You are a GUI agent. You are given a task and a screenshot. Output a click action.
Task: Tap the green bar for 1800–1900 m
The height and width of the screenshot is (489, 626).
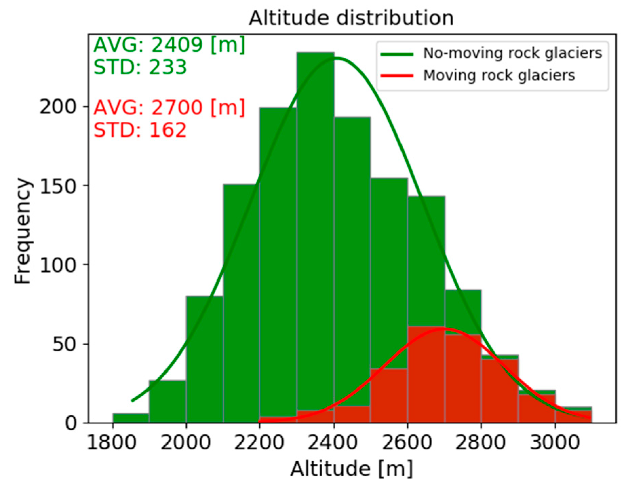coord(131,418)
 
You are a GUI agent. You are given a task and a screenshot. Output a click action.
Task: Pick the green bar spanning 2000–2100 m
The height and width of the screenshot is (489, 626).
coord(204,360)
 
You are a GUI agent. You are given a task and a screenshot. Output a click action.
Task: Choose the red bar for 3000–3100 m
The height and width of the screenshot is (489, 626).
coord(573,417)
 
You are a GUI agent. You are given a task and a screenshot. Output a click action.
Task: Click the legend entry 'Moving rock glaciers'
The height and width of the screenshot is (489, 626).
coord(499,75)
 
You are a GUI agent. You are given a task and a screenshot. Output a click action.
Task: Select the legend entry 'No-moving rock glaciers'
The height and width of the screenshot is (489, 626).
coord(512,53)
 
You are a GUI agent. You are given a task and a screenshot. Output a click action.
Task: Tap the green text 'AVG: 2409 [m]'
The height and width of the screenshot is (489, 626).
coord(169,44)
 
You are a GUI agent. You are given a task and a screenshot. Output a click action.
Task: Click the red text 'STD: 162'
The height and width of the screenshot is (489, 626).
coord(140,130)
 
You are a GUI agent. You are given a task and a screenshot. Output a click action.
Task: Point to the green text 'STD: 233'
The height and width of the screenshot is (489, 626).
coord(140,67)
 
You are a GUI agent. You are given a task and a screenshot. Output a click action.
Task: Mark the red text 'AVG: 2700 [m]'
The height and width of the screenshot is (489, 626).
coord(169,108)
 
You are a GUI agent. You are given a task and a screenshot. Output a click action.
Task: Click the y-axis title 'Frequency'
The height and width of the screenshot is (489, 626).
coord(23,231)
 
